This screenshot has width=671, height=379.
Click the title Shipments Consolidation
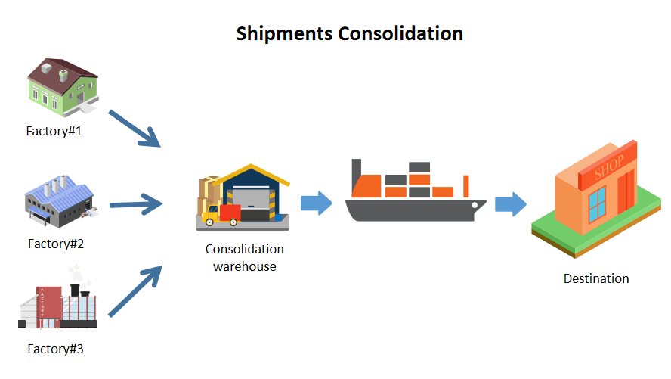349,34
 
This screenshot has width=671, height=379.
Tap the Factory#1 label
54,131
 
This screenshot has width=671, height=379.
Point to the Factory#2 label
55,244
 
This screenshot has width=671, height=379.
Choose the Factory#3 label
55,349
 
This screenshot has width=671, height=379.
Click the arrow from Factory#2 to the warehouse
137,203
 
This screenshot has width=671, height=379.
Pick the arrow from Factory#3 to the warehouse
137,290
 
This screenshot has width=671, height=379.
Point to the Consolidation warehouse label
244,257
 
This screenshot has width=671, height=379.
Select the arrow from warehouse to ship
317,203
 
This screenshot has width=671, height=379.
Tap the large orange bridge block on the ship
366,185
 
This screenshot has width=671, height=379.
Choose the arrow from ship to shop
511,203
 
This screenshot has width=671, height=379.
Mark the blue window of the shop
597,202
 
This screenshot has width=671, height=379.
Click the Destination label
596,278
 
